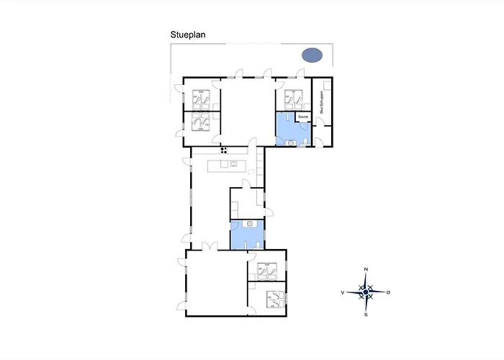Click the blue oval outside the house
click(312, 55)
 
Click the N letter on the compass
click(366, 269)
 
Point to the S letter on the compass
click(366, 315)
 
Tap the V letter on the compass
click(343, 292)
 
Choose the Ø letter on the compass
click(389, 292)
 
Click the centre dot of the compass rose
click(366, 292)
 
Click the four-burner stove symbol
click(224, 150)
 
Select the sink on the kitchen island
click(234, 165)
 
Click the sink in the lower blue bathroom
click(249, 224)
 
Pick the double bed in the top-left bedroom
click(201, 98)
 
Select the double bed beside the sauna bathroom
click(293, 98)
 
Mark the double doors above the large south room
click(209, 246)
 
